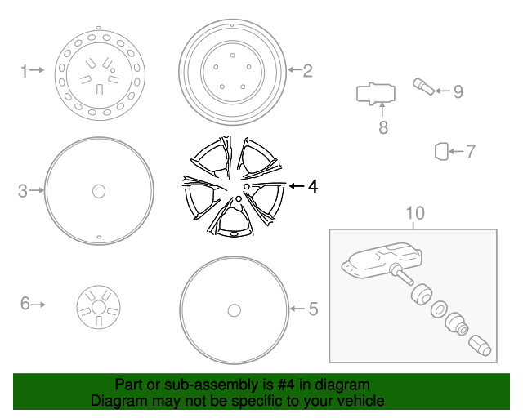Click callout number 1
pyautogui.click(x=25, y=71)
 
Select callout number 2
pyautogui.click(x=307, y=71)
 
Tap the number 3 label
pyautogui.click(x=23, y=191)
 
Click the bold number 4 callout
pyautogui.click(x=311, y=187)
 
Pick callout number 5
pyautogui.click(x=313, y=309)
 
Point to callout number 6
pyautogui.click(x=25, y=305)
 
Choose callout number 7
pyautogui.click(x=469, y=151)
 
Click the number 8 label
pyautogui.click(x=382, y=127)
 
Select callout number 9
pyautogui.click(x=458, y=91)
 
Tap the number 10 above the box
pyautogui.click(x=415, y=214)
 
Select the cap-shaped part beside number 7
pyautogui.click(x=441, y=151)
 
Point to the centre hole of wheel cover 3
pyautogui.click(x=99, y=191)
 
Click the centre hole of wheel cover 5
pyautogui.click(x=234, y=310)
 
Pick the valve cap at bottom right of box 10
pyautogui.click(x=481, y=346)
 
